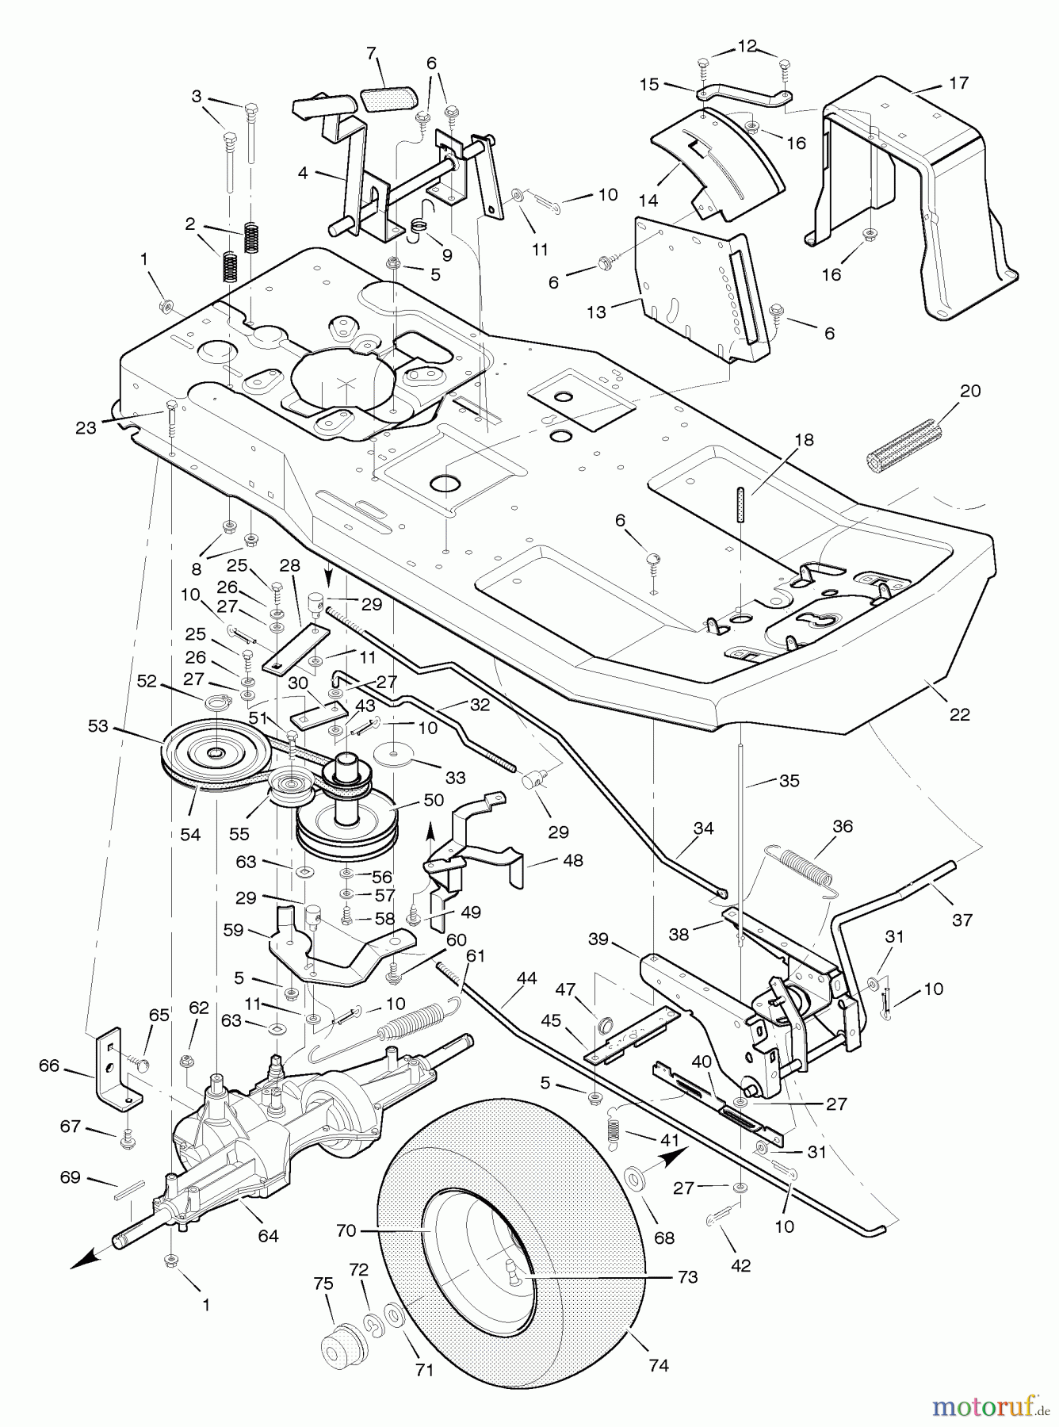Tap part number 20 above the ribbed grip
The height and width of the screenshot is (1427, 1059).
970,391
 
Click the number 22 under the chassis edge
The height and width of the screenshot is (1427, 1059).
959,714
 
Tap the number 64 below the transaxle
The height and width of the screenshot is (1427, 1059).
268,1235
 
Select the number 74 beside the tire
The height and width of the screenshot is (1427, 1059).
659,1365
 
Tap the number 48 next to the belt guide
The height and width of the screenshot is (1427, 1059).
572,859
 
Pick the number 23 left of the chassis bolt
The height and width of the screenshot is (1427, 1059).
86,428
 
